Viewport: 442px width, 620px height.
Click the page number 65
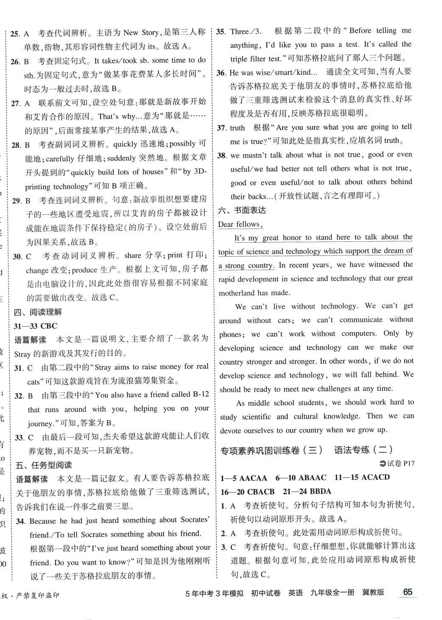click(407, 592)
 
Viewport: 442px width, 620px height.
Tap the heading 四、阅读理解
click(38, 312)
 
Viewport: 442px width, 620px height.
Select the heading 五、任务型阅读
click(44, 465)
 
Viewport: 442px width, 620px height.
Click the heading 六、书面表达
click(242, 210)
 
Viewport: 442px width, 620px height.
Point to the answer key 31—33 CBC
click(36, 326)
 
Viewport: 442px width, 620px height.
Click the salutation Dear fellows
click(240, 224)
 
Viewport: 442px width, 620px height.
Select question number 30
click(17, 256)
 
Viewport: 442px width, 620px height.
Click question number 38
click(222, 155)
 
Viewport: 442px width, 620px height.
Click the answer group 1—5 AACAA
click(244, 478)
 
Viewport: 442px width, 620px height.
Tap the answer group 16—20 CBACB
click(247, 492)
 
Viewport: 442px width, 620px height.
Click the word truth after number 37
click(237, 127)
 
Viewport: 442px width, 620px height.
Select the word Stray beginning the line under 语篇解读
click(22, 354)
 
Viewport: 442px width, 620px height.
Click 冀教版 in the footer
click(373, 592)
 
